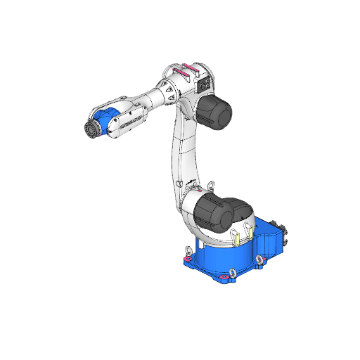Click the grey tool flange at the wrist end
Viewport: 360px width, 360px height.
point(91,131)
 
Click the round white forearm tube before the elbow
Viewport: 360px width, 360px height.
point(154,100)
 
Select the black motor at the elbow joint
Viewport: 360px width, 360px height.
point(216,112)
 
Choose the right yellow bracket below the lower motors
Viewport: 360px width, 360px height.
point(249,229)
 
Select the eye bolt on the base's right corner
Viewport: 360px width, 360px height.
point(260,260)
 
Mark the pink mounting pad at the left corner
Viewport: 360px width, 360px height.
point(187,262)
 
